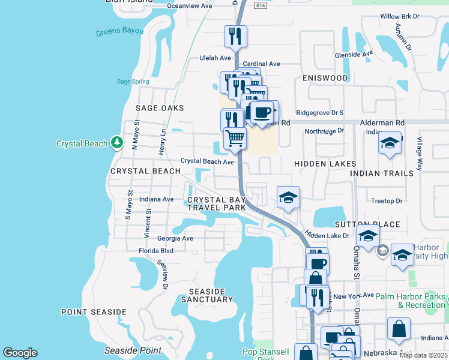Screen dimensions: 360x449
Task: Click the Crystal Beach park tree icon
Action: tap(118, 143)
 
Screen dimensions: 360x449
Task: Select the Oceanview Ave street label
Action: tap(189, 5)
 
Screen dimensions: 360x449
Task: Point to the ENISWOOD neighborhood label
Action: tap(325, 78)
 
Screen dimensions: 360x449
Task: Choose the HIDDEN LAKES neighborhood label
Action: tap(325, 164)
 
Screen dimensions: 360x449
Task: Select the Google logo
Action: tap(20, 353)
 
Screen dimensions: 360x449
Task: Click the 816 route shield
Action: tap(260, 5)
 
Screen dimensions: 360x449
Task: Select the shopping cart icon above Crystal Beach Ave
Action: tap(235, 138)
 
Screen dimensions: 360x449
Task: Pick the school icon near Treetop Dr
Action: tap(288, 197)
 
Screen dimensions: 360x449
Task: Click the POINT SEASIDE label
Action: tap(94, 312)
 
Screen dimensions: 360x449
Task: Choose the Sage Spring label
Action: tap(133, 82)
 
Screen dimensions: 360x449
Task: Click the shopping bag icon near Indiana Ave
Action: tap(399, 329)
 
